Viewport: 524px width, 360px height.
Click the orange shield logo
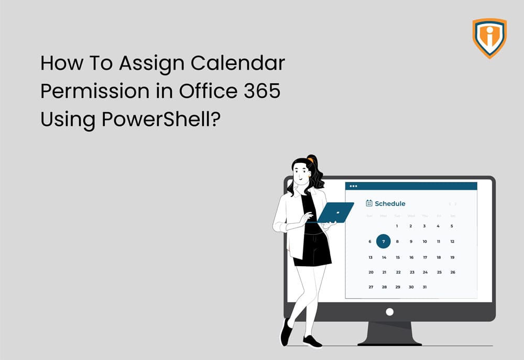click(x=489, y=38)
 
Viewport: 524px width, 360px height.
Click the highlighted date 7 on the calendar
click(x=384, y=242)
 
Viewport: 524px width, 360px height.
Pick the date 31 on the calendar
click(x=424, y=287)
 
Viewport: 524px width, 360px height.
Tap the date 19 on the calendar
click(x=452, y=257)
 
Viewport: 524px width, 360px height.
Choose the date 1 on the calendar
click(x=397, y=226)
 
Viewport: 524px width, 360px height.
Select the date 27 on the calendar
click(x=370, y=287)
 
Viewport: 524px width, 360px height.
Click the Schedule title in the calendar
click(x=390, y=203)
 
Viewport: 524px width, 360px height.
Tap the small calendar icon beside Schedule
click(x=369, y=203)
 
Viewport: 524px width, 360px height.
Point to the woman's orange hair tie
click(x=311, y=159)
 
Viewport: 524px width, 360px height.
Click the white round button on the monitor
click(x=389, y=312)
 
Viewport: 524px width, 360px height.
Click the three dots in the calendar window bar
click(x=353, y=186)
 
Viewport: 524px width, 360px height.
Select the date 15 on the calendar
click(x=398, y=257)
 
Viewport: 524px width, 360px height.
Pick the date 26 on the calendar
click(x=453, y=272)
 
